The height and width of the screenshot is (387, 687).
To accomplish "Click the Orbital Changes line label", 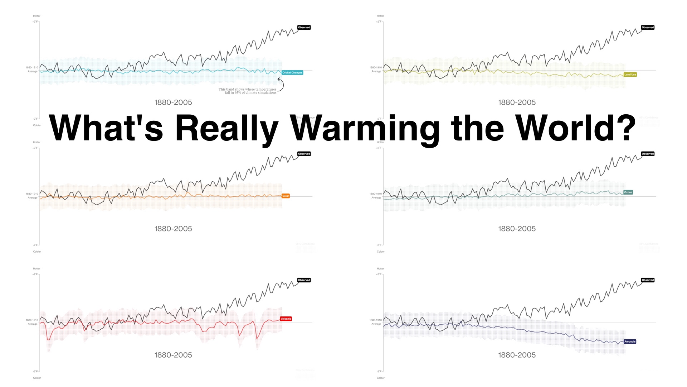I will pyautogui.click(x=292, y=73).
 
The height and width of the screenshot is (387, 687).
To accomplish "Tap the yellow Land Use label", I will pyautogui.click(x=630, y=75).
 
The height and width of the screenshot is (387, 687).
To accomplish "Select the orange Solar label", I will pyautogui.click(x=286, y=196).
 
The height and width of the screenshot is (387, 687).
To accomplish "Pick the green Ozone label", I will pyautogui.click(x=628, y=192).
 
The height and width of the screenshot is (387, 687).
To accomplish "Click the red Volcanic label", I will pyautogui.click(x=286, y=319).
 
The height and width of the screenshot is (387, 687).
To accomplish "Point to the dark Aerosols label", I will pyautogui.click(x=630, y=341).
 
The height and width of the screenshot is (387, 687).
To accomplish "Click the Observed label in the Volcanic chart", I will pyautogui.click(x=304, y=280).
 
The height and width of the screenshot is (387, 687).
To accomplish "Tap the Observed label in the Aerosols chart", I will pyautogui.click(x=648, y=280).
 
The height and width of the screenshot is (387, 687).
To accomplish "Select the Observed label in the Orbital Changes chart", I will pyautogui.click(x=304, y=28).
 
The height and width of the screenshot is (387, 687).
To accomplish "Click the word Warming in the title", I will pyautogui.click(x=365, y=128).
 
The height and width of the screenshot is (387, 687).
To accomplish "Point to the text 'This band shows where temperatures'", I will pyautogui.click(x=248, y=89).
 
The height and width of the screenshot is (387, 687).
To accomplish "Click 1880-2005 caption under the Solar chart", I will pyautogui.click(x=173, y=229).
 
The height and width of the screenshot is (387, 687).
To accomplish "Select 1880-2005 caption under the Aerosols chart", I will pyautogui.click(x=517, y=355).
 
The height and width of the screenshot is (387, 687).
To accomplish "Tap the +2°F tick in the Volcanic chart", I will pyautogui.click(x=35, y=274).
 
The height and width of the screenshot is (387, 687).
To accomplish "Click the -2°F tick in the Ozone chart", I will pyautogui.click(x=379, y=245).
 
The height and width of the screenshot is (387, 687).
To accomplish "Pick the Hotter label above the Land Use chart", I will pyautogui.click(x=380, y=16).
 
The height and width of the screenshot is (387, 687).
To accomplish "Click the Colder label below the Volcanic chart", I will pyautogui.click(x=37, y=378).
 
